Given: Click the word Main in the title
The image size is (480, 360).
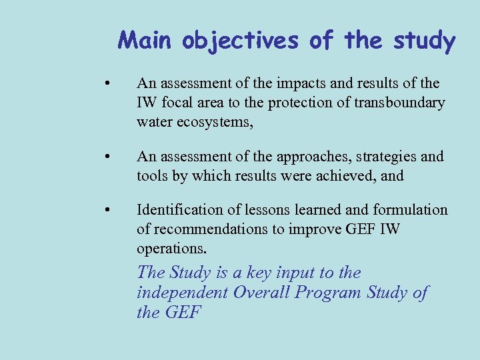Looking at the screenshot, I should pos(146,41).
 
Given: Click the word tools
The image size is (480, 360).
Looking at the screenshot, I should pos(151,176).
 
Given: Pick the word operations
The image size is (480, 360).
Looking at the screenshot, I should pos(171,249).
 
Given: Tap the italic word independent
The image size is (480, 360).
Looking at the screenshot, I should pos(182,293).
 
